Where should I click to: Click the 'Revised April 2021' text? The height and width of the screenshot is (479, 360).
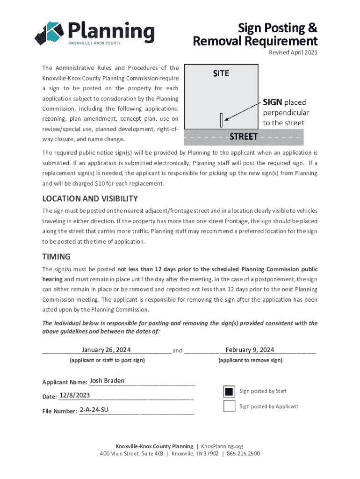pyautogui.click(x=293, y=52)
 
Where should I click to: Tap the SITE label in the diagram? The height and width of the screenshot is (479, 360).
pyautogui.click(x=221, y=73)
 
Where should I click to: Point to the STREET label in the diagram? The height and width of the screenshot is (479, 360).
pyautogui.click(x=244, y=137)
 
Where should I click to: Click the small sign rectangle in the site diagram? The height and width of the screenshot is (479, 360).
pyautogui.click(x=221, y=120)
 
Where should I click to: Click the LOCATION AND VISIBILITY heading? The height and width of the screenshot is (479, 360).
pyautogui.click(x=90, y=198)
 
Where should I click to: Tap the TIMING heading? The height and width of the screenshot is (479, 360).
pyautogui.click(x=56, y=256)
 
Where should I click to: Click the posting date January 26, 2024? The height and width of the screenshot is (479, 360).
pyautogui.click(x=106, y=350)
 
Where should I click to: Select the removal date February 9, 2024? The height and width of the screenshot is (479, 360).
pyautogui.click(x=250, y=350)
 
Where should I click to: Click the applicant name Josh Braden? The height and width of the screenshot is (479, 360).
pyautogui.click(x=107, y=381)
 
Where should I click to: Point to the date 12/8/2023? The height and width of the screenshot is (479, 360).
pyautogui.click(x=75, y=396)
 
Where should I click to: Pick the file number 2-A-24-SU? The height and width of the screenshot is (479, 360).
pyautogui.click(x=94, y=410)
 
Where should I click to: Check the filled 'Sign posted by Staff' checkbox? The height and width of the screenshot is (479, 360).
pyautogui.click(x=229, y=391)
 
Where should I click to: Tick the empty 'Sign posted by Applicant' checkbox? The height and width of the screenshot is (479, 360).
pyautogui.click(x=229, y=406)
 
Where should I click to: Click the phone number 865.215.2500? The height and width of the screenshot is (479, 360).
pyautogui.click(x=244, y=454)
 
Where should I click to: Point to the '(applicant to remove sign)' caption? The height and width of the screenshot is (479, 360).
pyautogui.click(x=250, y=360)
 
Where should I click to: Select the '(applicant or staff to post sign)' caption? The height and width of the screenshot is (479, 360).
pyautogui.click(x=107, y=360)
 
